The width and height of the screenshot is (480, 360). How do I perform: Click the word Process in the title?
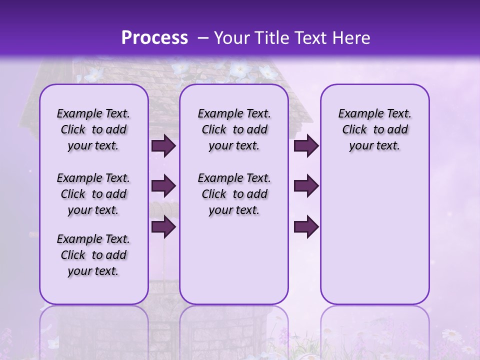point(154,37)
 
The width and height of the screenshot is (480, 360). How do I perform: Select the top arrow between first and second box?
point(163,145)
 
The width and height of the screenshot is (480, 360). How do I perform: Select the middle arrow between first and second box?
point(163,186)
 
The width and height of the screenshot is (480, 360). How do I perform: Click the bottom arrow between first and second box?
point(163,227)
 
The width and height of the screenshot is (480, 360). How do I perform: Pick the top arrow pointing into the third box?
point(306,145)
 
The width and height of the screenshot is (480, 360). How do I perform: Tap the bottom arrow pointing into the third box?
point(306,227)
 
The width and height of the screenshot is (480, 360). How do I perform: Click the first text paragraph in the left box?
point(93,129)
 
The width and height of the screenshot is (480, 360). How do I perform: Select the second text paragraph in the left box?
point(93,194)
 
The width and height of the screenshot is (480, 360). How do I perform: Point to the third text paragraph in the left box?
point(93,255)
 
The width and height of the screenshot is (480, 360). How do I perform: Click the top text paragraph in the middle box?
point(234,129)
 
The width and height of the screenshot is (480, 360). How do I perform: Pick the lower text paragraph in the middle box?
point(234,194)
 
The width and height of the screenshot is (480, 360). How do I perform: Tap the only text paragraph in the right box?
point(374,129)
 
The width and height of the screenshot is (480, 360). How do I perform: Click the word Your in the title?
point(231,38)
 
